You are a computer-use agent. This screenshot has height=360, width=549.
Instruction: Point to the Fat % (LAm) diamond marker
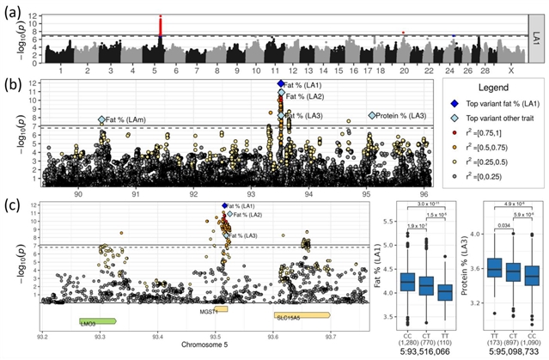point(102,120)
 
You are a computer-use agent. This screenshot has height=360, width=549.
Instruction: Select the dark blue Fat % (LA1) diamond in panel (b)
point(280,84)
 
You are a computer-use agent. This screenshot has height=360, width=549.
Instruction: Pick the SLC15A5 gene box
point(302,316)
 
